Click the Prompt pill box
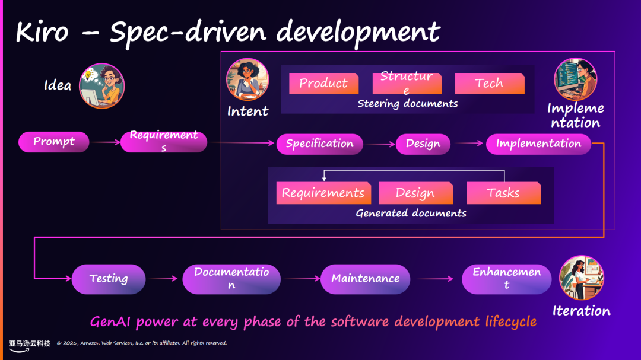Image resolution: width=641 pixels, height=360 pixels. tap(54, 142)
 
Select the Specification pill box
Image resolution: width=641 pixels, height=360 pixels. tap(320, 144)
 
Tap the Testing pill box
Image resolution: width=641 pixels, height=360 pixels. tap(109, 279)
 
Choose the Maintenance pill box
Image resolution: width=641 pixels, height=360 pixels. tap(366, 279)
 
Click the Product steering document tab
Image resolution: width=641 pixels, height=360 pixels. tap(323, 84)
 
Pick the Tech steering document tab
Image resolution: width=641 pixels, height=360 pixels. tap(490, 84)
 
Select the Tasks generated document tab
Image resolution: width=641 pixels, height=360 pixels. tap(503, 193)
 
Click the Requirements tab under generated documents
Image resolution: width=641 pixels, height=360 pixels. tap(323, 193)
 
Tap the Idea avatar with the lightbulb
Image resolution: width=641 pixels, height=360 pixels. tap(101, 86)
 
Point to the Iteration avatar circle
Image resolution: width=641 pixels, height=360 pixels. tap(582, 278)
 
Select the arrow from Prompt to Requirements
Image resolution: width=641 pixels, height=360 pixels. tap(105, 142)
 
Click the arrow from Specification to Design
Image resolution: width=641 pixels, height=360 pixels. tap(380, 144)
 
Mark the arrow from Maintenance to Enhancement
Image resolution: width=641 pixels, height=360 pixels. tap(436, 279)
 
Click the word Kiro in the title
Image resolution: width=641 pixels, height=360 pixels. tap(42, 32)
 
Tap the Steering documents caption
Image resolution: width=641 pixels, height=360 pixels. tap(408, 104)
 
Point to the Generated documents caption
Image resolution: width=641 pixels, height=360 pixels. tap(411, 214)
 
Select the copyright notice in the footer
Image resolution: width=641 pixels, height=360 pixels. tap(142, 343)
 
